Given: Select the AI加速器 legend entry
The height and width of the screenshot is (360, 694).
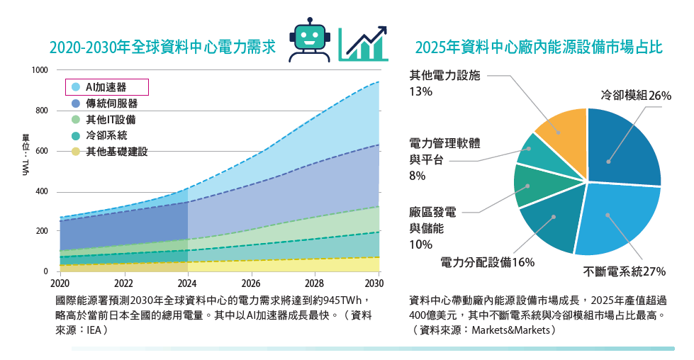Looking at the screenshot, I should tap(106, 87).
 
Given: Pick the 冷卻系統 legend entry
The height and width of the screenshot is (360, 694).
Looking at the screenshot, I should tap(106, 135).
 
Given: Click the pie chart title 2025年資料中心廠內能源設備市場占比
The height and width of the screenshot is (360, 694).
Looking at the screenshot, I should tap(539, 47).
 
